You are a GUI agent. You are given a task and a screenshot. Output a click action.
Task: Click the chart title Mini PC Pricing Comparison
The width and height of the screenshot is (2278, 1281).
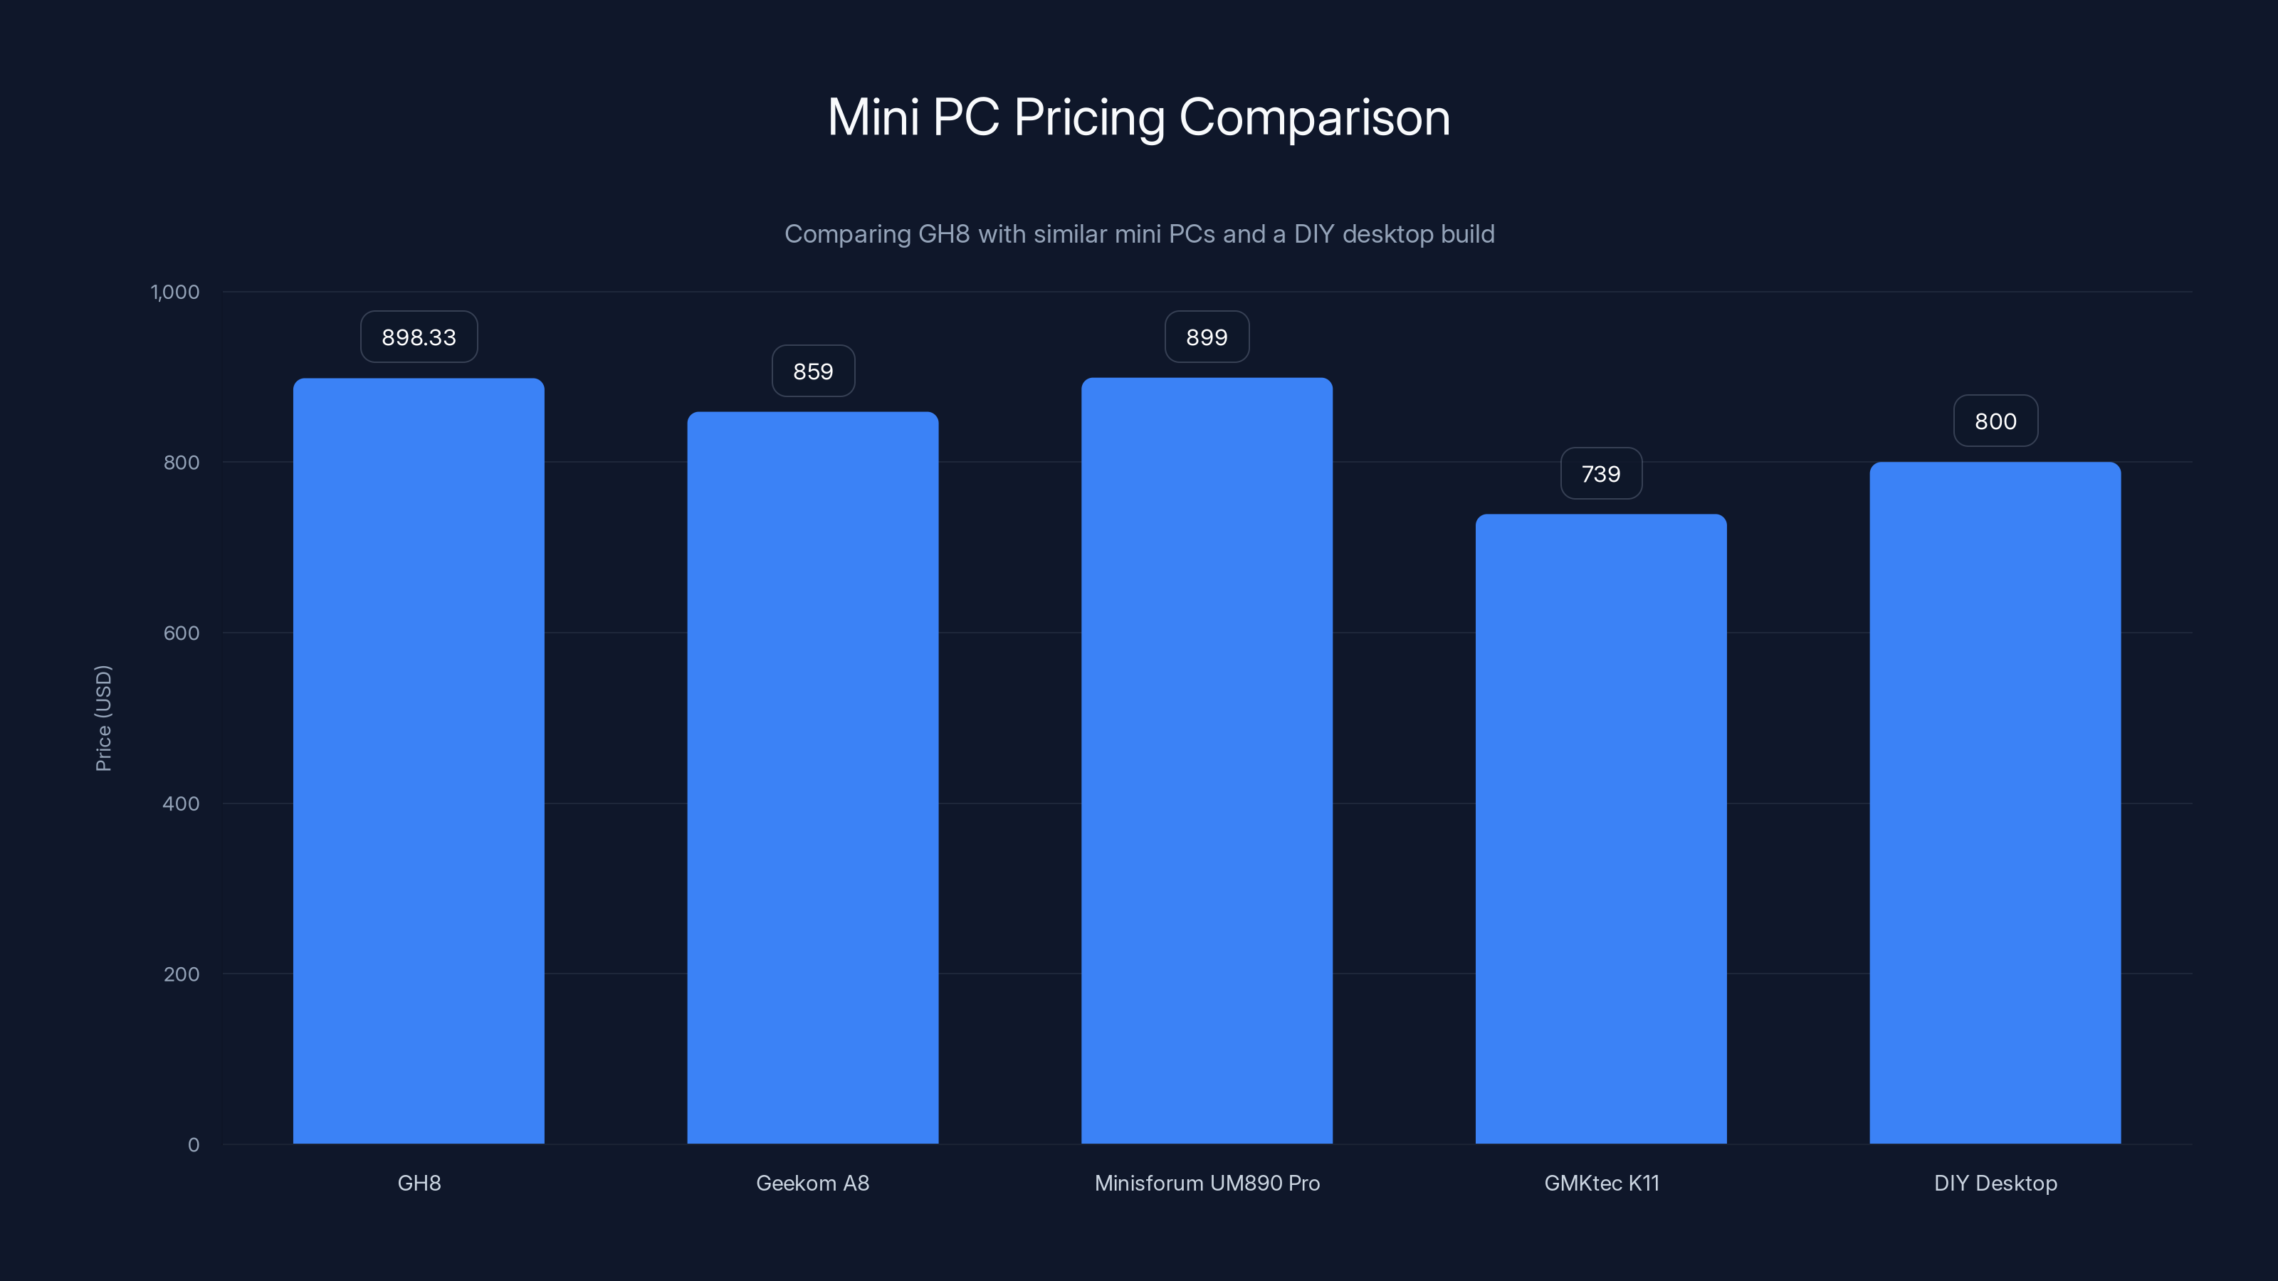1138,117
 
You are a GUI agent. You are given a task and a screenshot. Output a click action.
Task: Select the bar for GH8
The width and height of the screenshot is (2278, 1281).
419,760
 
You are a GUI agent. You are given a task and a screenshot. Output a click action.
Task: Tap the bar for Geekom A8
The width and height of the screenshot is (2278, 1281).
813,778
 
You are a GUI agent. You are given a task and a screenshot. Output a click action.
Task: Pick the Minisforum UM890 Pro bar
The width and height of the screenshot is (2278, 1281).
1206,760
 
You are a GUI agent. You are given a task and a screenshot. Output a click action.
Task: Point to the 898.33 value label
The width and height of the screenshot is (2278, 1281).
419,337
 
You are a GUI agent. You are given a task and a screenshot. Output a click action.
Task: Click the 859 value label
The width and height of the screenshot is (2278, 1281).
813,371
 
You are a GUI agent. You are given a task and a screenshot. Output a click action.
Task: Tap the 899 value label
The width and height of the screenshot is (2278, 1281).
1206,337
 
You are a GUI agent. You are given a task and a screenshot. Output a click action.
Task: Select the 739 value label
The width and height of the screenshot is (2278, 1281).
1600,474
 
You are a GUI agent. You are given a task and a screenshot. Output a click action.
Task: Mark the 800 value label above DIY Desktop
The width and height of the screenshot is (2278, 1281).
1995,421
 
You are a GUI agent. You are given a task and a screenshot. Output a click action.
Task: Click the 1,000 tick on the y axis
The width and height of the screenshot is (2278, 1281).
175,292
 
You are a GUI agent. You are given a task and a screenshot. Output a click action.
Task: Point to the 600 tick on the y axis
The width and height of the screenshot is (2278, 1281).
182,633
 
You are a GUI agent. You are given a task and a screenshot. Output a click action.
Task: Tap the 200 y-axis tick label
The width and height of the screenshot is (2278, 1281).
182,974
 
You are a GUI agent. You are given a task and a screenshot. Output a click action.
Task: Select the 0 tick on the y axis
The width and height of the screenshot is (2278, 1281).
194,1145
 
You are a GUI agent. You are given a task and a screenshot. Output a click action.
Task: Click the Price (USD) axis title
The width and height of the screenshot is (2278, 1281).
103,718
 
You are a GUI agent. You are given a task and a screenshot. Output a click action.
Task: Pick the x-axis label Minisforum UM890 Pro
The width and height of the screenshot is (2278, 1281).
1206,1183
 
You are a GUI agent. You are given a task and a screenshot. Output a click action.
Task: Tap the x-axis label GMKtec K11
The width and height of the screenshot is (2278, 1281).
1600,1183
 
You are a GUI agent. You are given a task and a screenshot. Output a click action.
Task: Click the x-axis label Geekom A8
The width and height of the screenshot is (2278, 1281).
813,1183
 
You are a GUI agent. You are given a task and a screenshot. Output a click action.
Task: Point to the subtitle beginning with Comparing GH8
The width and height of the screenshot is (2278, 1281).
1139,233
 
